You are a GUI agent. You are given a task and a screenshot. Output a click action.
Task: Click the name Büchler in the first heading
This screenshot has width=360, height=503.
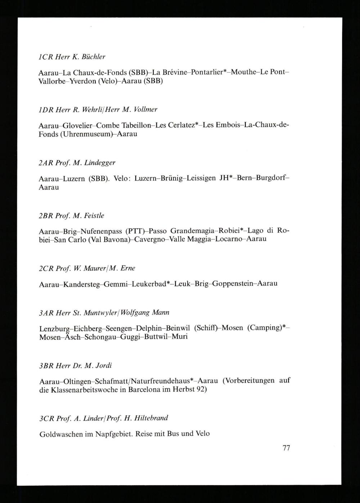tap(94, 57)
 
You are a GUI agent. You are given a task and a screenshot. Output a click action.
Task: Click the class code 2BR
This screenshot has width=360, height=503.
tap(46, 216)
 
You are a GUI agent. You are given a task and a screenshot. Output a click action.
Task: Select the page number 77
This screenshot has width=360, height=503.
tap(286, 448)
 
